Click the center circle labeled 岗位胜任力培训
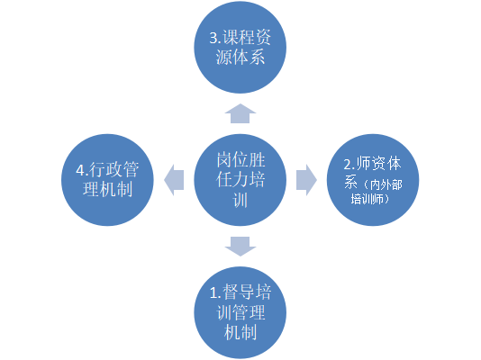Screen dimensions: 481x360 tap(240, 180)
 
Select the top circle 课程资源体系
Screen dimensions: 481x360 tap(240, 47)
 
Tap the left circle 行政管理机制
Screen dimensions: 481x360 tap(107, 180)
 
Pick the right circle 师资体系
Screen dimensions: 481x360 tap(373, 180)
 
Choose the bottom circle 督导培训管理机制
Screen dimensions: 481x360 tap(240, 312)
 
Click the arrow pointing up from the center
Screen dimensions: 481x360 tap(240, 113)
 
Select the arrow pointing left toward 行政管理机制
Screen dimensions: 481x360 tap(174, 180)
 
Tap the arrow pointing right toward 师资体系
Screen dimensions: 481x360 tap(306, 180)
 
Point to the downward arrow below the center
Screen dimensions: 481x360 tap(240, 247)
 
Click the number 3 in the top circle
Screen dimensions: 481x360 tap(213, 38)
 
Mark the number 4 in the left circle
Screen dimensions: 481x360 tap(80, 170)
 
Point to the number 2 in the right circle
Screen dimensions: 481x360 tap(347, 165)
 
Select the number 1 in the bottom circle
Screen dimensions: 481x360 tap(213, 293)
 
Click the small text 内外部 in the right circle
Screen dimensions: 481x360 tap(386, 184)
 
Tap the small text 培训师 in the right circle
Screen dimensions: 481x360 tap(368, 199)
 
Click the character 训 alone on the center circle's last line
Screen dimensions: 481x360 tap(240, 201)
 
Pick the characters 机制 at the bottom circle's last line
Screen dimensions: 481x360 tap(240, 332)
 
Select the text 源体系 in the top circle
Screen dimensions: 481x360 tap(240, 58)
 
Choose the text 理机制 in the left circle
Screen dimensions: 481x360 tap(108, 189)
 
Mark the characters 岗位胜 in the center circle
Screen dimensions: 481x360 tap(240, 160)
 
